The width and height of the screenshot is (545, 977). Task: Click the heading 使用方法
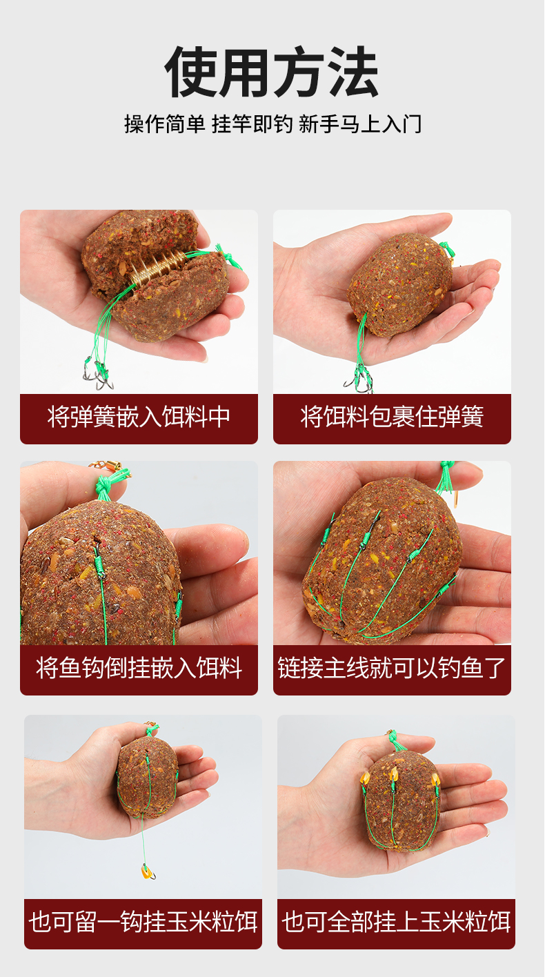pyautogui.click(x=271, y=72)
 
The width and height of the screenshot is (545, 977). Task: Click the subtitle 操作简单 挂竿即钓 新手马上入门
pyautogui.click(x=273, y=124)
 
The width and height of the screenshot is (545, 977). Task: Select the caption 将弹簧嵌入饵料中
pyautogui.click(x=139, y=417)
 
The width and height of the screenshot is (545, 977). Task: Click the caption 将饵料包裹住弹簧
pyautogui.click(x=392, y=417)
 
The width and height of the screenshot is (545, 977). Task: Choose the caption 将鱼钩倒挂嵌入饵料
pyautogui.click(x=139, y=668)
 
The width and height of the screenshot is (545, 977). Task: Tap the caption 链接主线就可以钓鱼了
pyautogui.click(x=392, y=668)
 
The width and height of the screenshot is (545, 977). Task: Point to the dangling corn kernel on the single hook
pyautogui.click(x=146, y=871)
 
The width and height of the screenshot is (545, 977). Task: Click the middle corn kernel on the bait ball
pyautogui.click(x=394, y=774)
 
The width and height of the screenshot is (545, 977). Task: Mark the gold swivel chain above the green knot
pyautogui.click(x=105, y=466)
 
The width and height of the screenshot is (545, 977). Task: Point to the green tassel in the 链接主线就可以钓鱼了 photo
pyautogui.click(x=446, y=476)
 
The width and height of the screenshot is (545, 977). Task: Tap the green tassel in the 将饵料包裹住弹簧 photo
pyautogui.click(x=447, y=250)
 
